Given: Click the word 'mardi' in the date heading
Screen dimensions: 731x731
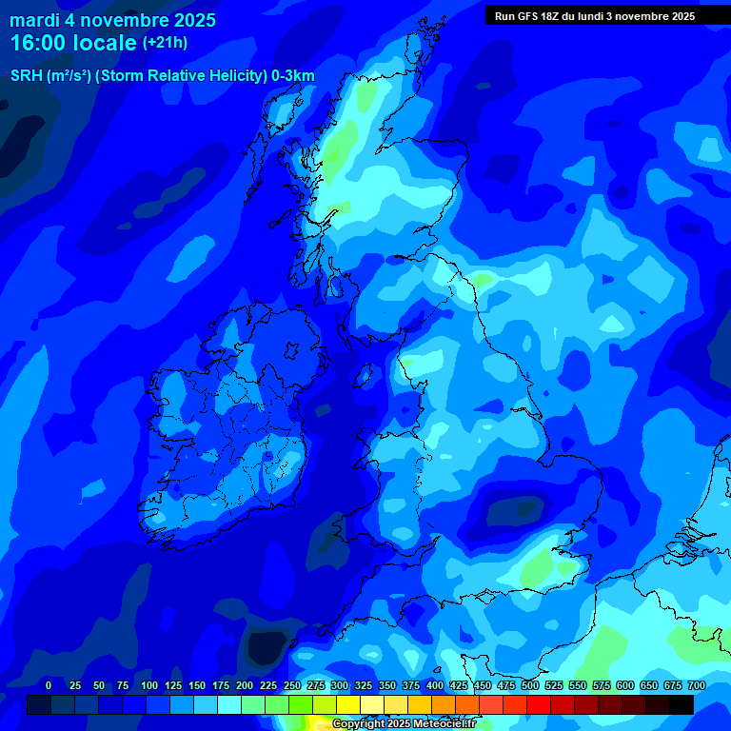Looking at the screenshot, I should [x=34, y=20].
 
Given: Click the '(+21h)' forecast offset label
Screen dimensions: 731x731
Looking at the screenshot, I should [x=165, y=43].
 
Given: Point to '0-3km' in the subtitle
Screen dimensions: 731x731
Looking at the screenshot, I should [x=292, y=76].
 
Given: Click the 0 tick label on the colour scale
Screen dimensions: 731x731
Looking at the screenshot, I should [x=49, y=686].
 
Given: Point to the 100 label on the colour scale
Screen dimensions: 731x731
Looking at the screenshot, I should [x=148, y=686].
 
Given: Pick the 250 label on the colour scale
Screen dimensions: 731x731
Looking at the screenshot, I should [x=291, y=686].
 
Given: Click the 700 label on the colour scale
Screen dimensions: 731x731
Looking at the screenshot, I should [x=696, y=686].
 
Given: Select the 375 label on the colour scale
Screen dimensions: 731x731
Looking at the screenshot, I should [x=410, y=686].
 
